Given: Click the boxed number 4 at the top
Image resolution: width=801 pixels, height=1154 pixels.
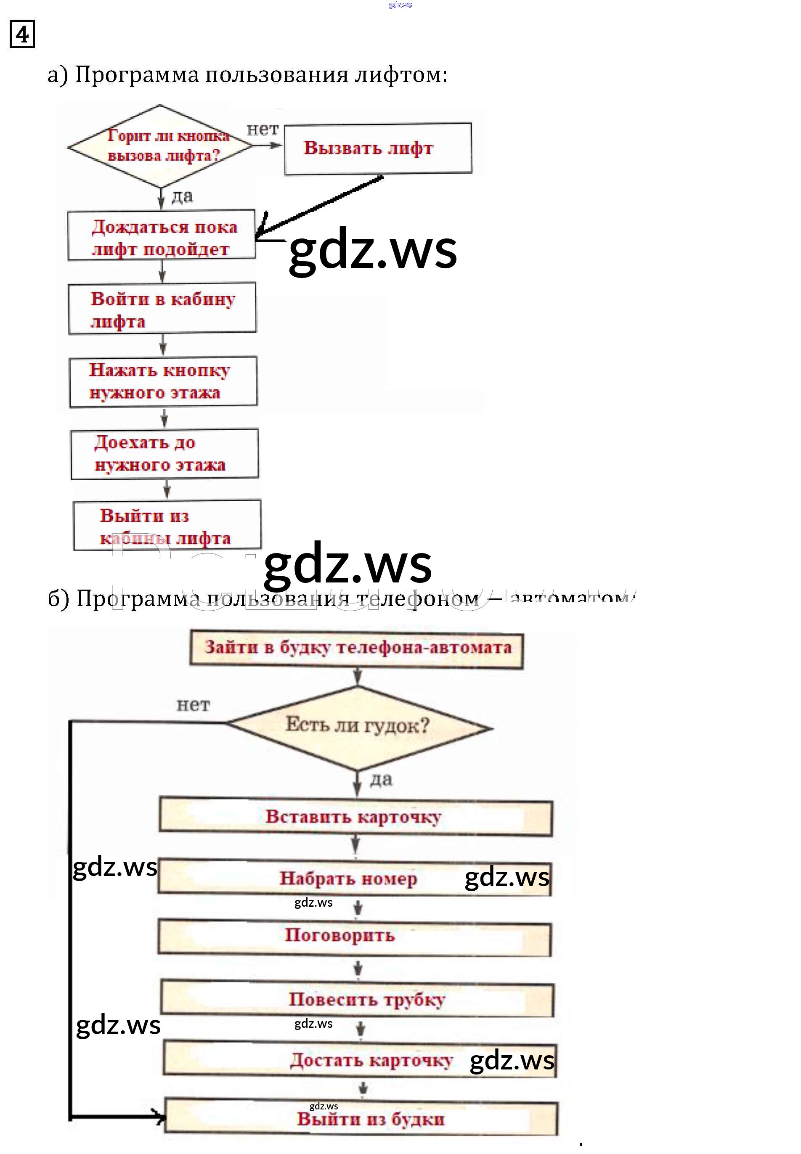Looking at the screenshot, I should click(x=22, y=34).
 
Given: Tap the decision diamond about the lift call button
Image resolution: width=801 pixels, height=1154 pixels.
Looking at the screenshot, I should click(x=161, y=146).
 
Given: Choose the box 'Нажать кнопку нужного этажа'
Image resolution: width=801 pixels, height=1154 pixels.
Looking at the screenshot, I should click(x=163, y=381).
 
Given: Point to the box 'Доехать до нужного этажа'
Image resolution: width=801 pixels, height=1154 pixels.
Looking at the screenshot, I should click(x=164, y=454).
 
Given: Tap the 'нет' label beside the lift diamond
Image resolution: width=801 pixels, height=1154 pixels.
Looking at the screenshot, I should click(x=262, y=130).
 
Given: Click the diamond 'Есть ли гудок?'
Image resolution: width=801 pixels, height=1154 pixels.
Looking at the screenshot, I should click(x=358, y=726).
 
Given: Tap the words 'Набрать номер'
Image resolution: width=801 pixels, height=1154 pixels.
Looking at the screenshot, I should click(x=348, y=879).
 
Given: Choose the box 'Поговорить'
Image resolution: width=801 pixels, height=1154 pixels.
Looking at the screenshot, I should click(x=354, y=937).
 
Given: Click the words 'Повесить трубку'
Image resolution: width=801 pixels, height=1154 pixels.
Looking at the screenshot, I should click(x=367, y=1000).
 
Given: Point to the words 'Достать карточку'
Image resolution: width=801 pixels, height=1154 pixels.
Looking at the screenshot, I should click(x=371, y=1060).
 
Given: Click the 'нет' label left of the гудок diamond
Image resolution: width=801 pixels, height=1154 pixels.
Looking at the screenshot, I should click(x=193, y=705).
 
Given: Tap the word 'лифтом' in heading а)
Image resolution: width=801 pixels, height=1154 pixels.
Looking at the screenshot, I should click(x=400, y=75).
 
